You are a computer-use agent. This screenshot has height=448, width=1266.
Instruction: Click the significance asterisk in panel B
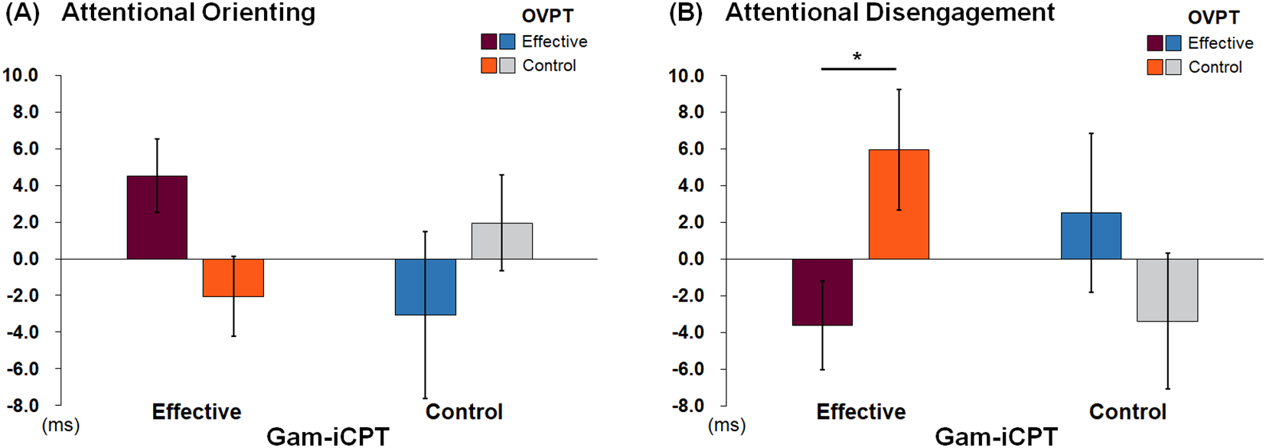(857, 57)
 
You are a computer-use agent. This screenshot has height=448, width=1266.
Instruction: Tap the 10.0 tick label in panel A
(21, 75)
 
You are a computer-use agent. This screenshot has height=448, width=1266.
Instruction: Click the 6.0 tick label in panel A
(25, 149)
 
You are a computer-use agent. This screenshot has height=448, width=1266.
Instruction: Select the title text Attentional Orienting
(188, 13)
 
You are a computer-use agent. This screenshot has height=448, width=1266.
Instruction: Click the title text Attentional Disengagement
(889, 13)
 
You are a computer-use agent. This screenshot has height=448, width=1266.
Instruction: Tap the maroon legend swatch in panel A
(489, 41)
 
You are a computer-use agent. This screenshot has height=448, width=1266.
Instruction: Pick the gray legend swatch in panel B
(1173, 67)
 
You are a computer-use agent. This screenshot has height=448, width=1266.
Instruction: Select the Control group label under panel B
(1127, 412)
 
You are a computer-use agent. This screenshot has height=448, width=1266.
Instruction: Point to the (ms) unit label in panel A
(60, 425)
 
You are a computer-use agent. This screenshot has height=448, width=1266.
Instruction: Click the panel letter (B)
(686, 14)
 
